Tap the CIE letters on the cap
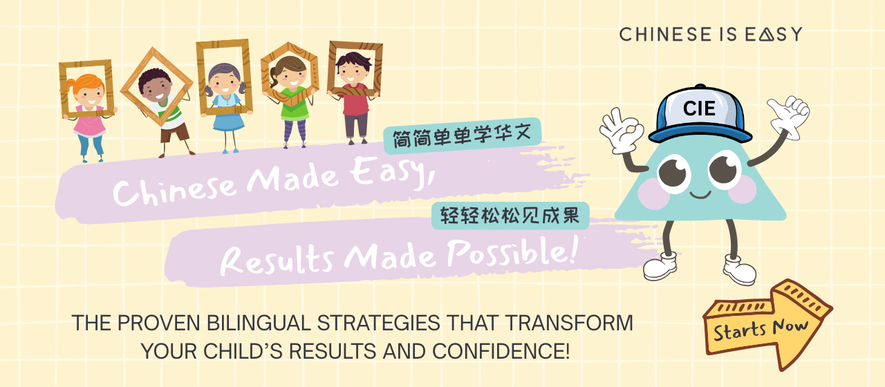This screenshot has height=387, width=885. tap(699, 108)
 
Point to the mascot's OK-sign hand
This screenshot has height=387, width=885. tap(621, 131)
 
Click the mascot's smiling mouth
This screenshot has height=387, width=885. tap(700, 195)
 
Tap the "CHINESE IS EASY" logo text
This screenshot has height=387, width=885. tap(710, 35)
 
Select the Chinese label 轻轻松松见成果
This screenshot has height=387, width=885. tap(510, 216)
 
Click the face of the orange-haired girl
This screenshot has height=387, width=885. tap(90, 95)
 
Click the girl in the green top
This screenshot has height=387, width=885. tap(292, 102)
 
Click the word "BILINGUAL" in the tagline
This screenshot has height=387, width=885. tap(259, 323)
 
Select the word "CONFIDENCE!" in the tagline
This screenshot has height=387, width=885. tap(501, 351)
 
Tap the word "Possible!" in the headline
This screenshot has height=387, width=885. tap(512, 255)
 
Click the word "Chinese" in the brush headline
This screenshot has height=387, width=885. tap(174, 189)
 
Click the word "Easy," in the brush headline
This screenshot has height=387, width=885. tap(392, 173)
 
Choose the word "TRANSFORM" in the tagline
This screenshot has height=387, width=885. tap(569, 323)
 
